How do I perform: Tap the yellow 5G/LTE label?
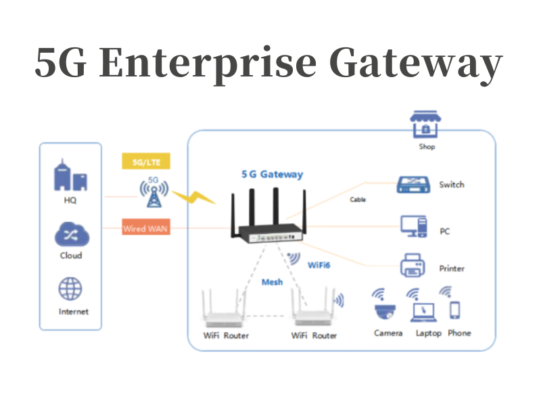[145, 162]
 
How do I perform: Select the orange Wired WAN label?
[145, 229]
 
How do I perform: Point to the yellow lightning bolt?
[192, 198]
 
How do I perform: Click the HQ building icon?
[70, 177]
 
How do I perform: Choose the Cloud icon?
[70, 235]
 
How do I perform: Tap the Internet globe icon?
[70, 289]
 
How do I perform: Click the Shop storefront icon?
[425, 125]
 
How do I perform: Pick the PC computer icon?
[413, 226]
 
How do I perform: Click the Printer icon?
[413, 265]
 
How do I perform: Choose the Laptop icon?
[425, 311]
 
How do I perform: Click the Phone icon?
[455, 311]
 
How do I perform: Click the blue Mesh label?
[272, 281]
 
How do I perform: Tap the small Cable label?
[358, 200]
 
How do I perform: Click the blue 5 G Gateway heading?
[272, 175]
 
